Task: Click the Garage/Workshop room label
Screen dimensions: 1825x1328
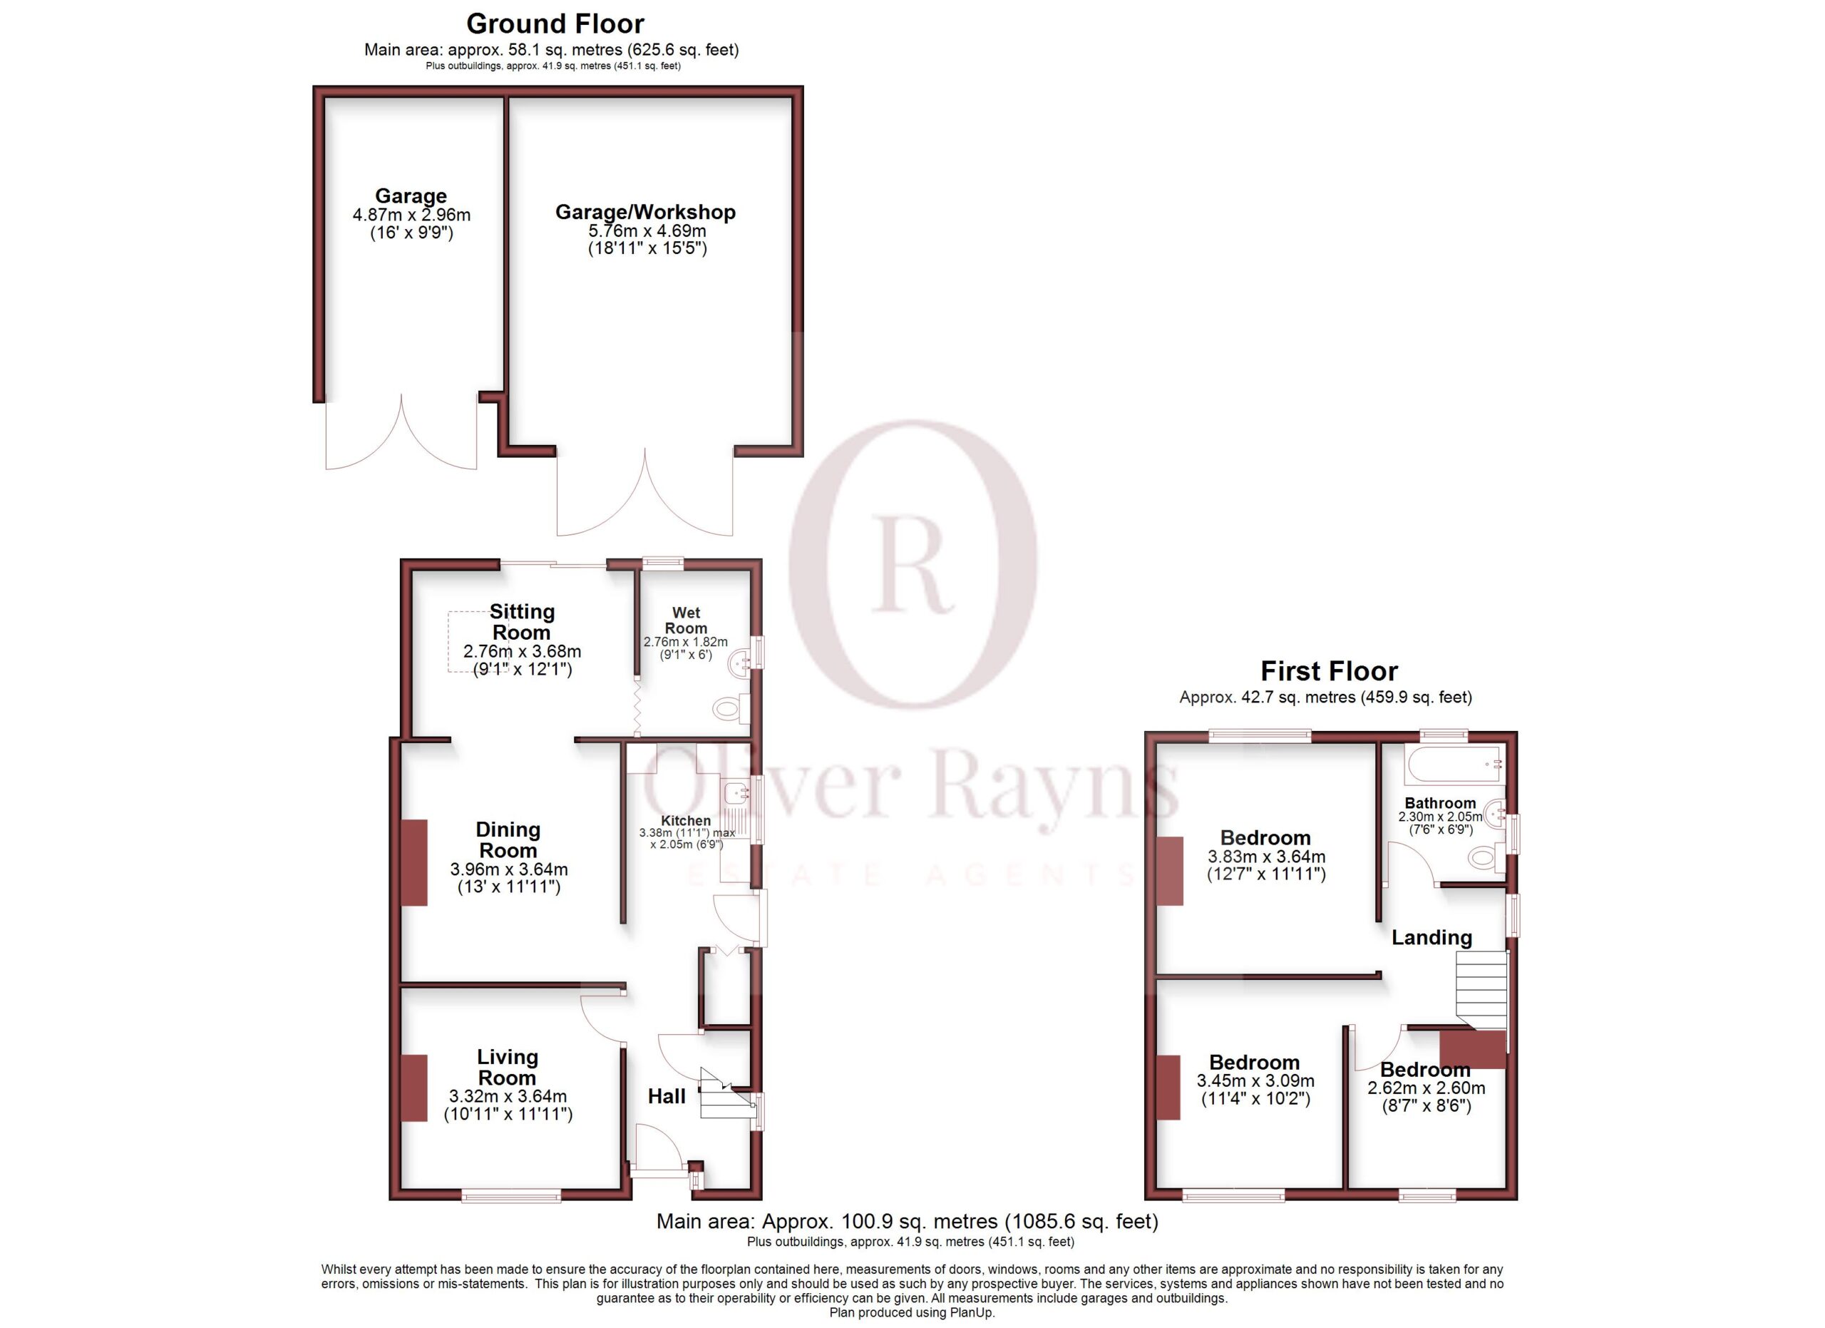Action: coord(645,212)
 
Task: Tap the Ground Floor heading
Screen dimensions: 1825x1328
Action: coord(555,24)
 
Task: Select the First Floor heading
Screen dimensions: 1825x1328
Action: coord(1329,670)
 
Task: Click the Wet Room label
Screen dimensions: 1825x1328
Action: coord(686,620)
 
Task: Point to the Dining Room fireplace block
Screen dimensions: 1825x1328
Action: coord(414,862)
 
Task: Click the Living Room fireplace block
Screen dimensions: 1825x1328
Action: coord(414,1088)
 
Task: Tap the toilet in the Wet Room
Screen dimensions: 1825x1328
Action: coord(729,709)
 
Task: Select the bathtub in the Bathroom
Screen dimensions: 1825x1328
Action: coord(1454,764)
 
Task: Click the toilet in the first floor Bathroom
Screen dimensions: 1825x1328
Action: coord(1486,857)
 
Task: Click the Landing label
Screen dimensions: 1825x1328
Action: coord(1431,937)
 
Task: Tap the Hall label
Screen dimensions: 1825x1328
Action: coord(667,1095)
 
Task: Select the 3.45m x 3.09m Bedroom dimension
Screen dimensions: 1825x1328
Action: coord(1255,1081)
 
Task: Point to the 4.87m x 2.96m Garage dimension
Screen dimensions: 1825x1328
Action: coord(411,215)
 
